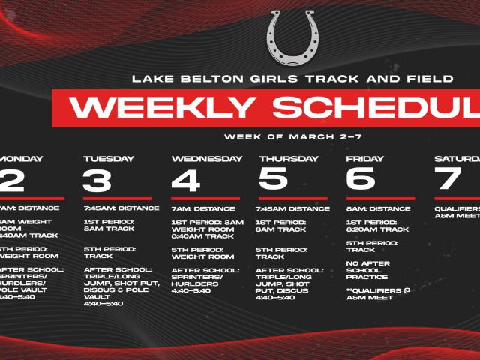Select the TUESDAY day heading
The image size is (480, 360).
(x=109, y=159)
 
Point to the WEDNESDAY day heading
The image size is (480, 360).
(x=207, y=159)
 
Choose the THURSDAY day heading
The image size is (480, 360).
(x=289, y=159)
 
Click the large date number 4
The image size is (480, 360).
(x=186, y=180)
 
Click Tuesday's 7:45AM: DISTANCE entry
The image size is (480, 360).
(x=121, y=208)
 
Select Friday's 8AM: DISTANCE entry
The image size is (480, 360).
(x=378, y=208)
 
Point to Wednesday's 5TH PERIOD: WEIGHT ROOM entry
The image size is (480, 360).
(x=198, y=252)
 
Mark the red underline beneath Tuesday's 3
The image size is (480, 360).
(x=117, y=199)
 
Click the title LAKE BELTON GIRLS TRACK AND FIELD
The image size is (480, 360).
(x=292, y=78)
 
